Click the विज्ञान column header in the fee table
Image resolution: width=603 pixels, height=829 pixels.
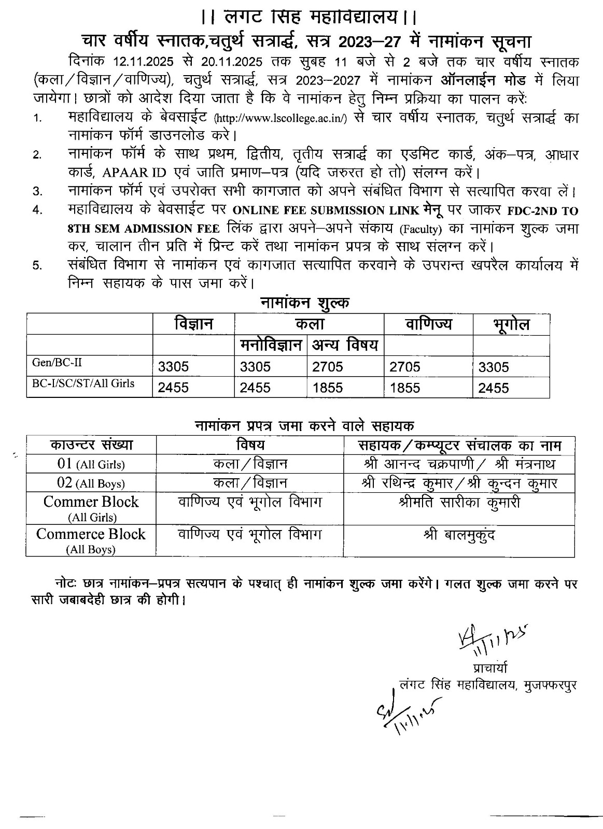pyautogui.click(x=193, y=324)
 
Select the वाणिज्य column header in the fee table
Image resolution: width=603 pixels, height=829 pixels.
pyautogui.click(x=428, y=324)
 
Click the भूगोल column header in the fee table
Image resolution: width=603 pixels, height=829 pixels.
pyautogui.click(x=511, y=325)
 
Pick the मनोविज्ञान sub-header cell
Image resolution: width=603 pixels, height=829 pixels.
pyautogui.click(x=271, y=345)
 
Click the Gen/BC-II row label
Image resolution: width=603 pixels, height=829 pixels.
pyautogui.click(x=57, y=363)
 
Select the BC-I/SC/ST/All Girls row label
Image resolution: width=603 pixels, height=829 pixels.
pyautogui.click(x=83, y=384)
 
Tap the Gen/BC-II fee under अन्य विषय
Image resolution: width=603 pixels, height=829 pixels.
pyautogui.click(x=328, y=367)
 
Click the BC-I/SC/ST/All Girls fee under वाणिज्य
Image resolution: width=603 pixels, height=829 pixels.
pyautogui.click(x=405, y=388)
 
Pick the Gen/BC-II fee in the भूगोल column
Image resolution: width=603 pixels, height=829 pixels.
pyautogui.click(x=494, y=367)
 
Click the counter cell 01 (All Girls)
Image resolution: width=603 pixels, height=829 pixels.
pyautogui.click(x=91, y=464)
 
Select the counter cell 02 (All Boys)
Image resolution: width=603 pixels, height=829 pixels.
pyautogui.click(x=91, y=483)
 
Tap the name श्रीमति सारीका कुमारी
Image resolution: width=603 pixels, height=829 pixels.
pyautogui.click(x=459, y=503)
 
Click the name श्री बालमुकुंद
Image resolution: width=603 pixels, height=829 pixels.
pyautogui.click(x=459, y=535)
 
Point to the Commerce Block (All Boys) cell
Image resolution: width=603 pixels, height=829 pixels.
pyautogui.click(x=91, y=540)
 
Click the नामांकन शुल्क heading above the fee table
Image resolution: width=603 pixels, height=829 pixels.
pyautogui.click(x=304, y=303)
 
